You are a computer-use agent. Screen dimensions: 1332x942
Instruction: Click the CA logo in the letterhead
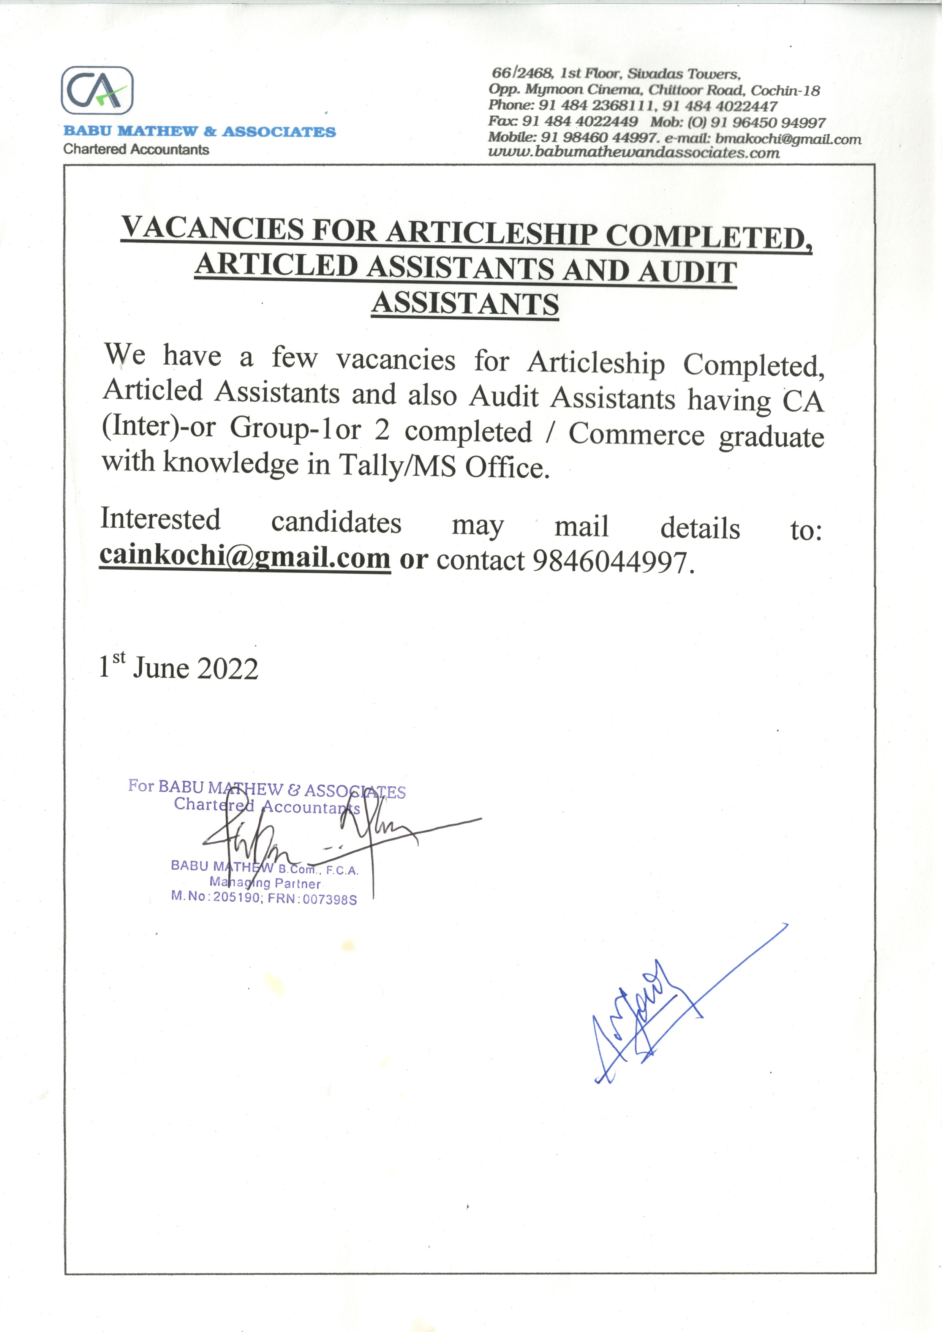pyautogui.click(x=97, y=90)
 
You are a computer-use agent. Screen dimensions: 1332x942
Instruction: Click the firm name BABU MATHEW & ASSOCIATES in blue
pyautogui.click(x=199, y=132)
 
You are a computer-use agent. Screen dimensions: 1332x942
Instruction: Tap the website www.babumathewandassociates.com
pyautogui.click(x=634, y=153)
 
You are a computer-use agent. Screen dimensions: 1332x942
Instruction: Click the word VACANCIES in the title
pyautogui.click(x=212, y=228)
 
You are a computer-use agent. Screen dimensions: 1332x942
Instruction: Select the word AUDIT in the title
pyautogui.click(x=688, y=271)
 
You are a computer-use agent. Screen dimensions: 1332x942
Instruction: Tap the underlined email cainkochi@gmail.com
pyautogui.click(x=245, y=556)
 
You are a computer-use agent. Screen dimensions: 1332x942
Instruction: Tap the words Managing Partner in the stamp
pyautogui.click(x=265, y=883)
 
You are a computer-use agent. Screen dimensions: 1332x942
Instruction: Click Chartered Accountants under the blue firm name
pyautogui.click(x=136, y=149)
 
